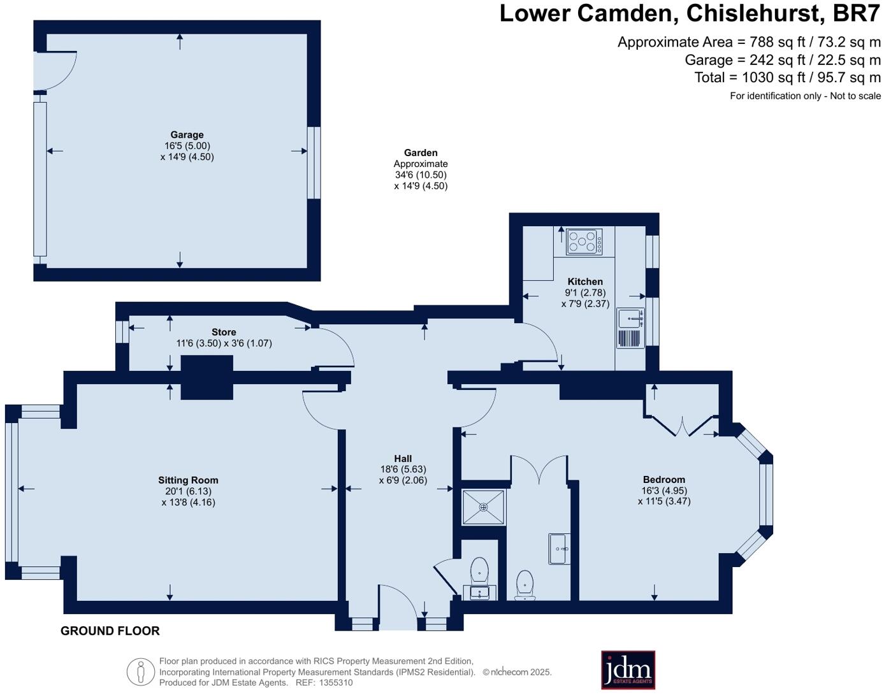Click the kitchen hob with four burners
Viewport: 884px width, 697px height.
[x=584, y=241]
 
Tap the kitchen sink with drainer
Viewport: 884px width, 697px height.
[x=630, y=327]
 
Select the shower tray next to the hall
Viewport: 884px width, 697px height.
[x=484, y=507]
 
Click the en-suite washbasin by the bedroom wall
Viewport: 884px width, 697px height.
[x=558, y=549]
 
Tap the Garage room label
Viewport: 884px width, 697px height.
[x=187, y=134]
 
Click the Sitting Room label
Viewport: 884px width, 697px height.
[x=188, y=480]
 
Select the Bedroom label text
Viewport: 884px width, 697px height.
[x=663, y=480]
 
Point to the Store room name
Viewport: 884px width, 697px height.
[x=224, y=332]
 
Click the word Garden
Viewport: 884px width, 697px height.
[x=421, y=152]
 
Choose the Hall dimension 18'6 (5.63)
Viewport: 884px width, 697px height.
[x=403, y=470]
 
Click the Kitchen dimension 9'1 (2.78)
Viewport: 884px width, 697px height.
[x=585, y=293]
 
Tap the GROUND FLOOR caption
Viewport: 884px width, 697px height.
[x=110, y=631]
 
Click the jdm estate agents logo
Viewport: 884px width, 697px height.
[x=628, y=670]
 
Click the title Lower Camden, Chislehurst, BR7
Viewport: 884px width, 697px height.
[x=690, y=13]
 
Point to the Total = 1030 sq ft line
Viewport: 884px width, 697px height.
[x=787, y=78]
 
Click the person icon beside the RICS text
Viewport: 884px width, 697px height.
[x=140, y=672]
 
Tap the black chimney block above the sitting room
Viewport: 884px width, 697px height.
[x=207, y=377]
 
